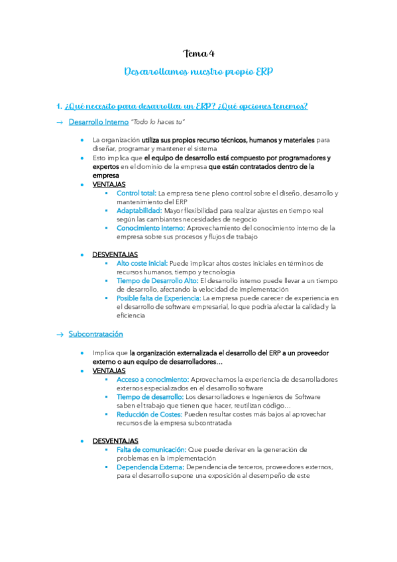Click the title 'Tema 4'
point(198,54)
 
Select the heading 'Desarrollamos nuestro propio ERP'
point(198,72)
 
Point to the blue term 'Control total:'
point(136,193)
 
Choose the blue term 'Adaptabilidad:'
point(139,210)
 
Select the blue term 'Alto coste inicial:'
point(142,263)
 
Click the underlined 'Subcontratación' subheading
point(95,334)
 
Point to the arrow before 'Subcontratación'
point(60,334)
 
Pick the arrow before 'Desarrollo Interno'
point(60,123)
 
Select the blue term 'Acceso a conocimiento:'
point(152,380)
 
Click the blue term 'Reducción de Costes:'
point(150,414)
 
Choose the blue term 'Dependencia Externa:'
point(148,467)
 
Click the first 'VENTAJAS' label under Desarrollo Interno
point(109,184)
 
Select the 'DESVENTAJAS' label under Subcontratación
point(115,441)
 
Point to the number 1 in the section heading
point(59,106)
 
